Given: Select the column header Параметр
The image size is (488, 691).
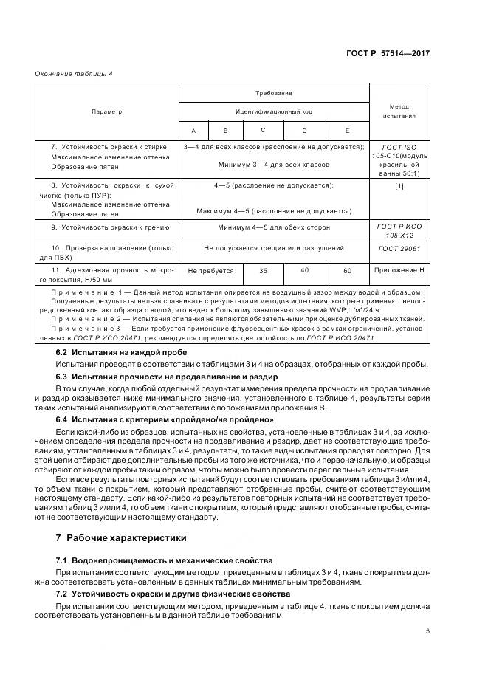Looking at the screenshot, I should tap(107, 111).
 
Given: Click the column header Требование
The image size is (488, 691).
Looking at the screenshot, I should tap(274, 94).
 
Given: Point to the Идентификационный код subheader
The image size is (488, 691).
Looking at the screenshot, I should tap(274, 111).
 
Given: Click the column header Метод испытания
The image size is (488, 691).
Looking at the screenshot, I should tap(399, 111).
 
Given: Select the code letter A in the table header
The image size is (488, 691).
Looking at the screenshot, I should tap(193, 130).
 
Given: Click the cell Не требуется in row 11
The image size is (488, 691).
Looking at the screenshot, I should tap(210, 271).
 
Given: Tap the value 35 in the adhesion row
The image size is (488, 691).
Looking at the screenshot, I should tap(264, 271).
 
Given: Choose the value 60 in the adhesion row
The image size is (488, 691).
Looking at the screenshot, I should tap(347, 271).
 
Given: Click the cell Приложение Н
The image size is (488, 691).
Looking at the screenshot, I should tap(399, 271).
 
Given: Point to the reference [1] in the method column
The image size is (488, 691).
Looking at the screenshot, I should tap(399, 186).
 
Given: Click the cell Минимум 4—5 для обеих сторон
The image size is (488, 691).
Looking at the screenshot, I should tap(274, 228).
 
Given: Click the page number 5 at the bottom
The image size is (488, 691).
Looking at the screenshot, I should tap(427, 630).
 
